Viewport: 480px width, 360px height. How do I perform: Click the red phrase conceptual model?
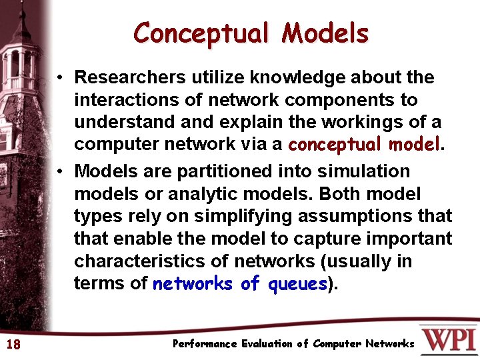(364, 145)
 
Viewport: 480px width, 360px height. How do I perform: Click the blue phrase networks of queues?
(241, 284)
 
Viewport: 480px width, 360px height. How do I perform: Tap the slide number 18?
(13, 345)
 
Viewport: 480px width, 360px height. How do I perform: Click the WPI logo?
(448, 340)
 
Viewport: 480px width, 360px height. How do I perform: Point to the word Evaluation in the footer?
(267, 344)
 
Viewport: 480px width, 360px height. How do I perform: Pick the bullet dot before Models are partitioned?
(60, 172)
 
